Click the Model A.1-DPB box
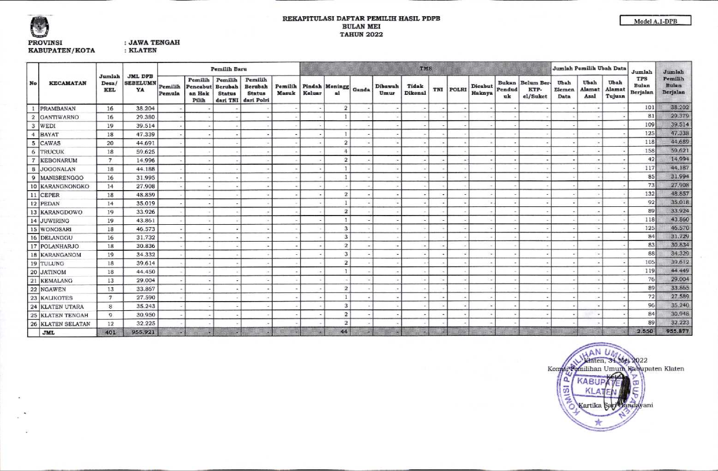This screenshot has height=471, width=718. pos(655,21)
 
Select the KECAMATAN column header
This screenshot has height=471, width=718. pos(68,83)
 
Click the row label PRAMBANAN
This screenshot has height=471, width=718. pos(58,108)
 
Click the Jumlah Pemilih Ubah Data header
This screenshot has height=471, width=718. pos(589,69)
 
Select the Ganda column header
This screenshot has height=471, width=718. pos(360,90)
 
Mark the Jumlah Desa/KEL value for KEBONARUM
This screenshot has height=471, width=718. pos(109,160)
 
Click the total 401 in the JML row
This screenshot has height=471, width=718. pos(109,332)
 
